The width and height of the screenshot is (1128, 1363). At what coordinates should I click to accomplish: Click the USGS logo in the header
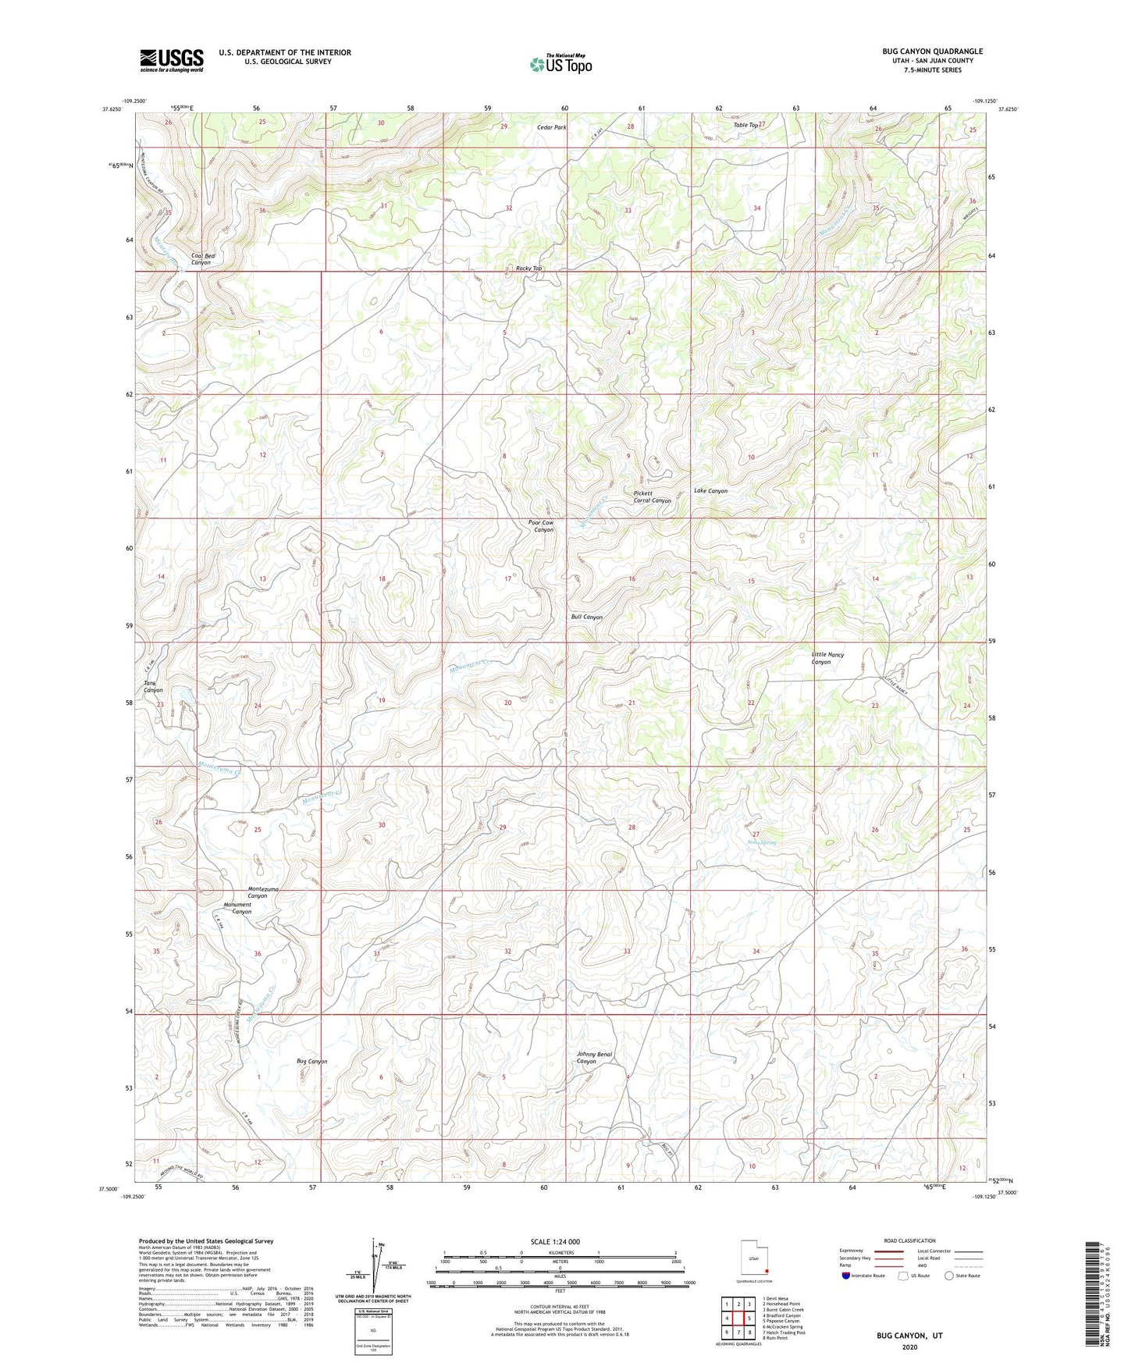point(172,60)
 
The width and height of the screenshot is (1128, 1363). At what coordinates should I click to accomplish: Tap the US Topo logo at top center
point(560,64)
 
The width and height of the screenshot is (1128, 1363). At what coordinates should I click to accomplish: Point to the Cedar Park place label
point(551,126)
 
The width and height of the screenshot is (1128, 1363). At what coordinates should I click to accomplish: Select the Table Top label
point(745,125)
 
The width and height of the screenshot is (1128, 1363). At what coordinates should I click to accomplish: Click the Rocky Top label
point(528,268)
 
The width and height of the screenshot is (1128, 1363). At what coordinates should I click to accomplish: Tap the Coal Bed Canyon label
point(202,259)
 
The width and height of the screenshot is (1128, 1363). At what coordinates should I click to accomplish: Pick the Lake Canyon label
point(710,491)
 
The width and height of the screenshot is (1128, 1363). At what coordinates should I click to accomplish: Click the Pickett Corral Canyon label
point(651,497)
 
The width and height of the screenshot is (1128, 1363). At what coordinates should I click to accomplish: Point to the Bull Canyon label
point(586,617)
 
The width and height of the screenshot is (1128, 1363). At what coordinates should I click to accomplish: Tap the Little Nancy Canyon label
point(827,658)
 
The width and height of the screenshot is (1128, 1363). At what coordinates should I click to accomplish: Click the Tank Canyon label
point(153,687)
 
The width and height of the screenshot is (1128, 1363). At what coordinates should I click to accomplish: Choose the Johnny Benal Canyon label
point(593,1058)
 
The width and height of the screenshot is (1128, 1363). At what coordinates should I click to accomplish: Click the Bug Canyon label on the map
point(311,1062)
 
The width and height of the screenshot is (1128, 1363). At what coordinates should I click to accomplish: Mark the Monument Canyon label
point(237,908)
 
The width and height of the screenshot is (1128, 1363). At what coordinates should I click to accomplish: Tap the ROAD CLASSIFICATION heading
point(910,1240)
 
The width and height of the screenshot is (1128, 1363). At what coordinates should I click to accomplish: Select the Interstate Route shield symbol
point(846,1276)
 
